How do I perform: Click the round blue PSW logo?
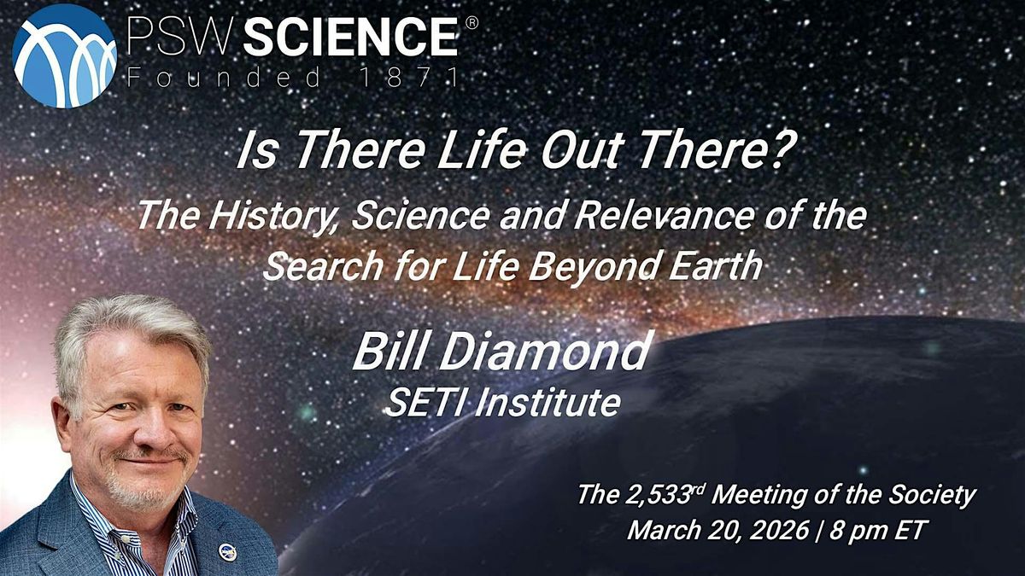tap(64, 55)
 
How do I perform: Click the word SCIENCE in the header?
tap(350, 37)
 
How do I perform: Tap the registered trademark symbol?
tap(471, 23)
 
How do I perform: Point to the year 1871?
tap(409, 77)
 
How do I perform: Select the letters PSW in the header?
tap(181, 37)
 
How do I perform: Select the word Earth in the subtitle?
tap(716, 265)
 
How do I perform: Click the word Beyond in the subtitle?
tap(593, 268)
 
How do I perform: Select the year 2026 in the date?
tap(780, 531)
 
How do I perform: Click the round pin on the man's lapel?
tap(227, 552)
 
